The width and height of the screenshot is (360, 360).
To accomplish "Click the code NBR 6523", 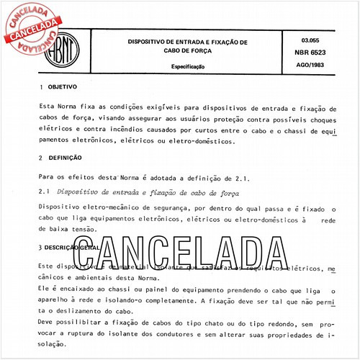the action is [310, 53].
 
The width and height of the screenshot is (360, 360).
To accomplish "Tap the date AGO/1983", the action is [310, 66].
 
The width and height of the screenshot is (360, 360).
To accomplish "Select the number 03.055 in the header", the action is [309, 40].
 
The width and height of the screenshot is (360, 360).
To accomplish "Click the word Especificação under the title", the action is [186, 66].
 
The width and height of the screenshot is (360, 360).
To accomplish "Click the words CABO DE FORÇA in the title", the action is [187, 50].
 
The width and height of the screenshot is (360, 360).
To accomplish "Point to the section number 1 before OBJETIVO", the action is [41, 87].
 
